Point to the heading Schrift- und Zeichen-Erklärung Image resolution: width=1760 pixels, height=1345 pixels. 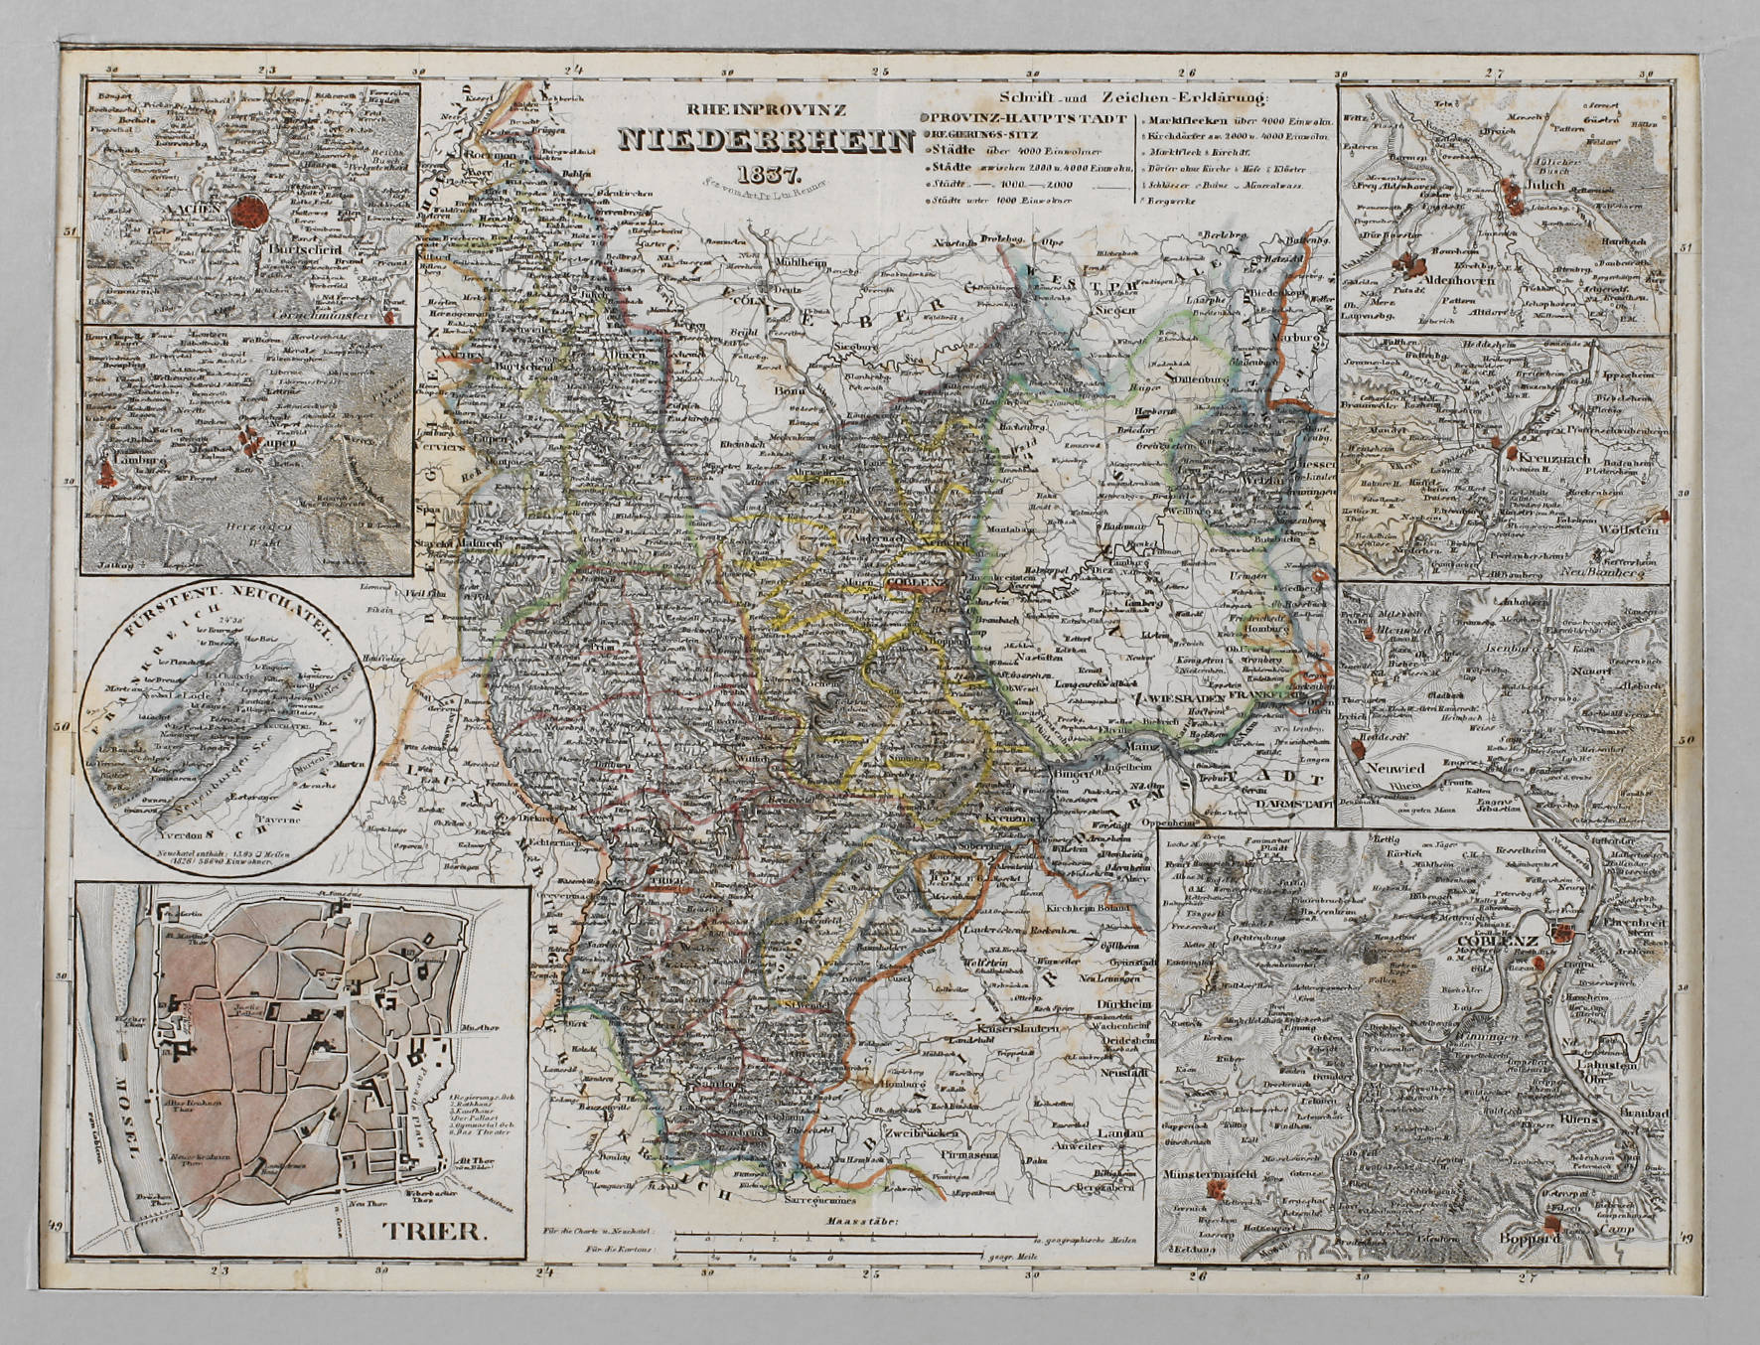click(x=1134, y=97)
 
